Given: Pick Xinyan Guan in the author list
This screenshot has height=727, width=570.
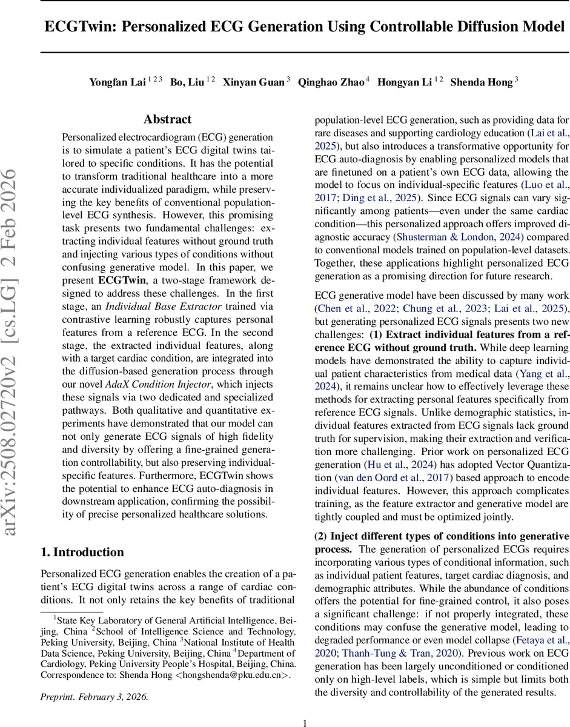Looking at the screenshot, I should pyautogui.click(x=254, y=82).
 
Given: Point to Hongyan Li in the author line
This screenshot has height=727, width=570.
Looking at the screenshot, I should pyautogui.click(x=405, y=82).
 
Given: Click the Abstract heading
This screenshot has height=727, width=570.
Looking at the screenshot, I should pyautogui.click(x=168, y=119).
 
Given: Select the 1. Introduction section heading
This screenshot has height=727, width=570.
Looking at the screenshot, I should pyautogui.click(x=82, y=552).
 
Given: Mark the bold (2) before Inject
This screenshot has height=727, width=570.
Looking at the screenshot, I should pyautogui.click(x=322, y=537).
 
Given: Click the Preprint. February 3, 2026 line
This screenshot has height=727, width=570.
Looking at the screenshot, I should pyautogui.click(x=94, y=696).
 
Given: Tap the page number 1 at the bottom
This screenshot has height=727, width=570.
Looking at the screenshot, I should pyautogui.click(x=305, y=722).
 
